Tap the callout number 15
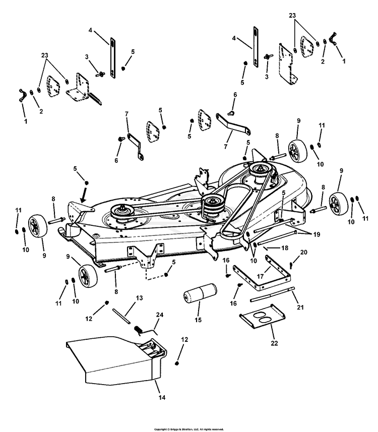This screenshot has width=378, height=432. point(198,320)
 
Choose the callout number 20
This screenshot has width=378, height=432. point(304,252)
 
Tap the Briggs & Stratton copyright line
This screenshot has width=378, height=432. point(189,429)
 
